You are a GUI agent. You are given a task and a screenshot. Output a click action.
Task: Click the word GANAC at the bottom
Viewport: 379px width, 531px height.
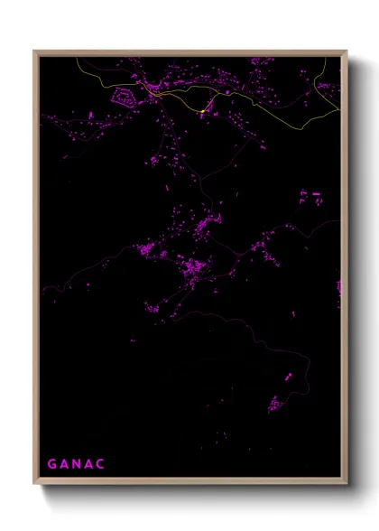pyautogui.click(x=77, y=464)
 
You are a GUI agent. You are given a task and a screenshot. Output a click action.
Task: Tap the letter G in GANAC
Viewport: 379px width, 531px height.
pyautogui.click(x=52, y=464)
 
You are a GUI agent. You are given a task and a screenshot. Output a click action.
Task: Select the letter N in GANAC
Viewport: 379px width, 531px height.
pyautogui.click(x=78, y=464)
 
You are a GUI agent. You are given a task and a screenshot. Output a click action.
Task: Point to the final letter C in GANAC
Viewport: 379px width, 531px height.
pyautogui.click(x=102, y=464)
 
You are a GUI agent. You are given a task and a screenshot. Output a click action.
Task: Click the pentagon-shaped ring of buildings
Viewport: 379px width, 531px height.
pyautogui.click(x=124, y=94)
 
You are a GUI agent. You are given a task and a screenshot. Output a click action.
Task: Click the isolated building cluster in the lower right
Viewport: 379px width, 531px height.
pyautogui.click(x=275, y=404)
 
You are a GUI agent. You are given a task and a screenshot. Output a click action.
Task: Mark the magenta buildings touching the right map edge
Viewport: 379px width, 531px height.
pyautogui.click(x=338, y=289)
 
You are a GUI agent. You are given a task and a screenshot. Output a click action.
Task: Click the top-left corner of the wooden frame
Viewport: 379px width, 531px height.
pyautogui.click(x=34, y=51)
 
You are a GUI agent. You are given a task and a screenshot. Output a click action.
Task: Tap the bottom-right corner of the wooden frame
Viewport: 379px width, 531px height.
pyautogui.click(x=346, y=484)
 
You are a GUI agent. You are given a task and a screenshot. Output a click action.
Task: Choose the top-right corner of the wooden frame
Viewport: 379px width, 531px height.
pyautogui.click(x=346, y=51)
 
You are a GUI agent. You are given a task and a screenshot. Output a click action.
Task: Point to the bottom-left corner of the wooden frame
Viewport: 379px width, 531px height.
pyautogui.click(x=34, y=484)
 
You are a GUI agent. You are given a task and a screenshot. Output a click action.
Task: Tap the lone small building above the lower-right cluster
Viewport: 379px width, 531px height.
pyautogui.click(x=288, y=377)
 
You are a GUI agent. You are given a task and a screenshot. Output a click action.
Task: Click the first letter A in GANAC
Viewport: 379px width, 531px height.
pyautogui.click(x=65, y=464)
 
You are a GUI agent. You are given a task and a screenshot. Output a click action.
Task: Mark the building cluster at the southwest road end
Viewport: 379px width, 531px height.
pyautogui.click(x=152, y=309)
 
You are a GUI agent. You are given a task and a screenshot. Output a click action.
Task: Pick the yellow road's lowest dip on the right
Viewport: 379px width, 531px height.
pyautogui.click(x=298, y=127)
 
